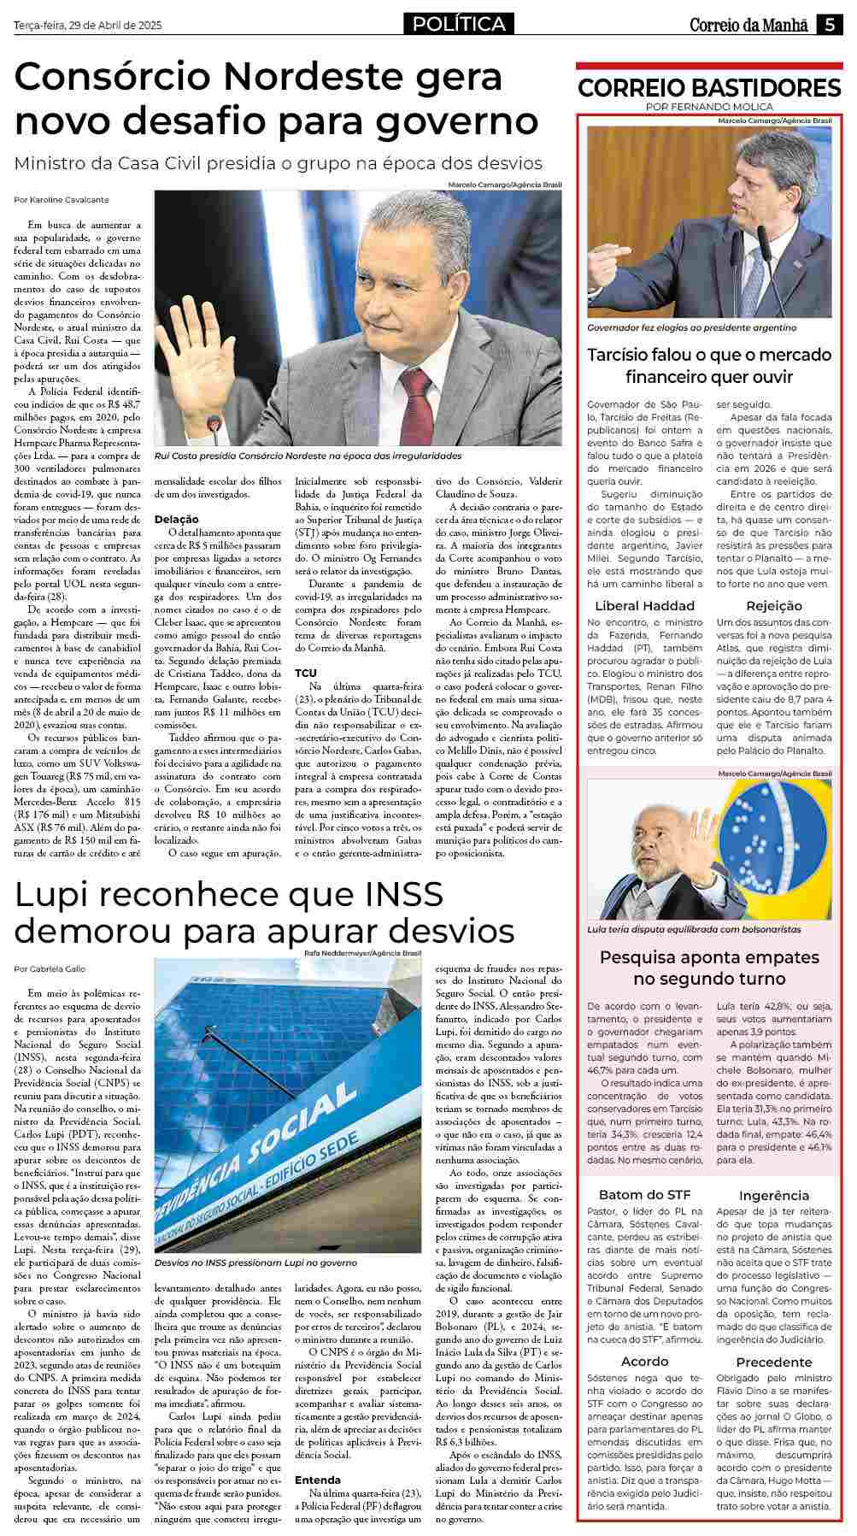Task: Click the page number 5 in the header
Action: tap(830, 25)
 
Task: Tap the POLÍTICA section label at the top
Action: tap(459, 25)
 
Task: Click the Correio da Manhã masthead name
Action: tap(748, 25)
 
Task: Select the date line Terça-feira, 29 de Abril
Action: tap(88, 26)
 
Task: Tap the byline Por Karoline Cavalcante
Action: tap(62, 199)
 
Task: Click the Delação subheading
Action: tap(176, 519)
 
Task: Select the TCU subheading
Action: tap(306, 673)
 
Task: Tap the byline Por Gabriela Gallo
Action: tap(50, 968)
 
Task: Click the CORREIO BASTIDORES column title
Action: tap(709, 87)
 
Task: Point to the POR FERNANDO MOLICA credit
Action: tap(709, 107)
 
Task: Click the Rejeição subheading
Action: tap(773, 605)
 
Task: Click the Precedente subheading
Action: tap(774, 1362)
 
